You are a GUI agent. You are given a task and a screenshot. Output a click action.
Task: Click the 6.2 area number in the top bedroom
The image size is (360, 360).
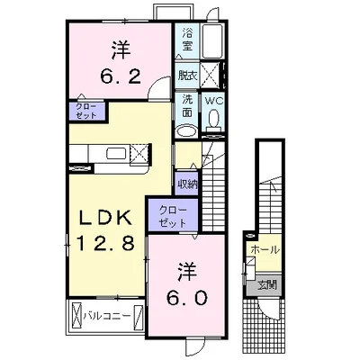[121, 77]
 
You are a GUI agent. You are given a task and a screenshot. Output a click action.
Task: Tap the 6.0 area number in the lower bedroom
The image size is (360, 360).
[187, 298]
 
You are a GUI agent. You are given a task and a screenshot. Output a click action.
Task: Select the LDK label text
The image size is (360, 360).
[105, 218]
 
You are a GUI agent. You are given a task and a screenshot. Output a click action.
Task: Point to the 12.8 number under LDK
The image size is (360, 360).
[105, 243]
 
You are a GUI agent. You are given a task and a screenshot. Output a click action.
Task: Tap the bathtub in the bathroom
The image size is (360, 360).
[211, 41]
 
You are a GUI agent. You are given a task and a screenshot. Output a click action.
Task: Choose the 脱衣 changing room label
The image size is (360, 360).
[187, 76]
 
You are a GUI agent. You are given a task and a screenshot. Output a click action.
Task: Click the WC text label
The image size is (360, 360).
[214, 101]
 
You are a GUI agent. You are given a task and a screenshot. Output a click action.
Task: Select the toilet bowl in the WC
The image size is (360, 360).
[214, 118]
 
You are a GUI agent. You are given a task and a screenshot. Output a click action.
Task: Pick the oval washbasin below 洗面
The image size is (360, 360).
[186, 131]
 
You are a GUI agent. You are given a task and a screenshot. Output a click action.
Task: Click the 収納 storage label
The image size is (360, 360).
[187, 184]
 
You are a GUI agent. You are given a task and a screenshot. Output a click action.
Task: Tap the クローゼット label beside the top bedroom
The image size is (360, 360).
[85, 111]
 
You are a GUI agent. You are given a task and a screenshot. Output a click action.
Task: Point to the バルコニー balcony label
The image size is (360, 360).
[107, 315]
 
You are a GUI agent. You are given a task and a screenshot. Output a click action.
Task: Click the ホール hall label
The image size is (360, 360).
[265, 249]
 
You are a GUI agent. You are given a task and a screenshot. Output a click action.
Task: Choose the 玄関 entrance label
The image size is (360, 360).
[266, 285]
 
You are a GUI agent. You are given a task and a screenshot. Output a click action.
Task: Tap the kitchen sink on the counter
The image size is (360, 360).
[116, 154]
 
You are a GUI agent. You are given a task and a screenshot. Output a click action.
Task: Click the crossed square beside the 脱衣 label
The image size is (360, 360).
[211, 74]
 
